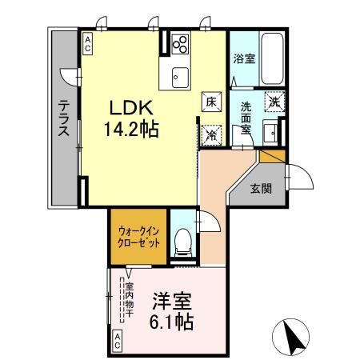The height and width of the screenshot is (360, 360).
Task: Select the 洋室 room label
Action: point(172,303)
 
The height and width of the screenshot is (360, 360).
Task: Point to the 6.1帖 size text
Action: point(171,323)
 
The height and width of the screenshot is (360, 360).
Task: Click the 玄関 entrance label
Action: point(261,190)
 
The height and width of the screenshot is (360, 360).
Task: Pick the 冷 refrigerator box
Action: point(211,134)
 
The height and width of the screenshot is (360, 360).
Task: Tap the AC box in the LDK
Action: point(87,42)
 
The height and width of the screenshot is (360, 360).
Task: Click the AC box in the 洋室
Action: point(117,340)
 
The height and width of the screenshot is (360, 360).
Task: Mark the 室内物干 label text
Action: point(129,298)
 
